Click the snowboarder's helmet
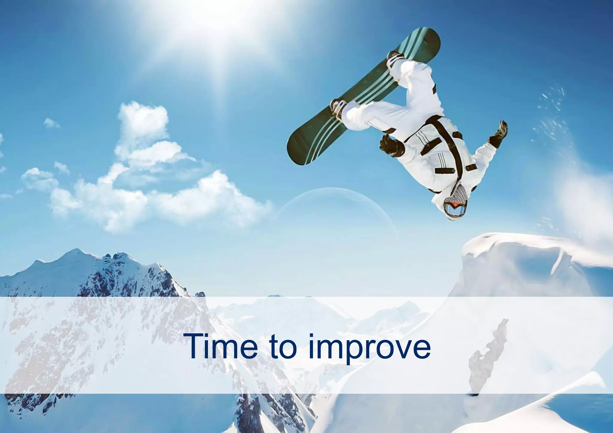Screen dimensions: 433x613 (453, 206)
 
